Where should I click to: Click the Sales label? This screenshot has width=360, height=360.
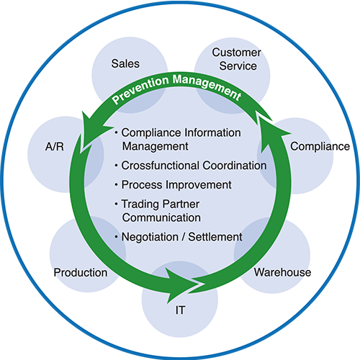coord(125,63)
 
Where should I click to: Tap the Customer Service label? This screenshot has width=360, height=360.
coord(237,59)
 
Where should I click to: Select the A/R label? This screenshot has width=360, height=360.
coord(55,146)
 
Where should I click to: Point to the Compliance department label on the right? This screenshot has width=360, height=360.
coord(320,146)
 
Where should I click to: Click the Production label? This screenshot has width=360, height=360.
coord(81,273)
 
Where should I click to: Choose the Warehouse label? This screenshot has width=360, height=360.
coord(282,272)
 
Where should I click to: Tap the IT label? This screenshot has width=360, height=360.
coord(180,310)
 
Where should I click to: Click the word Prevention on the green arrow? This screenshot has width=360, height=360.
coord(140,90)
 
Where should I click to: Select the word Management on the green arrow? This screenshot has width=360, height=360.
coord(207,86)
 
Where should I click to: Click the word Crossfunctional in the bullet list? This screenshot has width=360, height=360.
coord(161,166)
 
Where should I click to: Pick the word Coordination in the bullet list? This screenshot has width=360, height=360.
coord(235,166)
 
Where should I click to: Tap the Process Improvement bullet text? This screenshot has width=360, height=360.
coord(176,185)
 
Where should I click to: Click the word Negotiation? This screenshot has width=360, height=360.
coord(150,237)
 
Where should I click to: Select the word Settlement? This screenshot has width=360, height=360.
coord(215,237)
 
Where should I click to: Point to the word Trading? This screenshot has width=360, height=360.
coord(139,204)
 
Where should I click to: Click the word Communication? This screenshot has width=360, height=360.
coord(161,217)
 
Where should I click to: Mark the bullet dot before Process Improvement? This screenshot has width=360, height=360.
coord(116,185)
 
